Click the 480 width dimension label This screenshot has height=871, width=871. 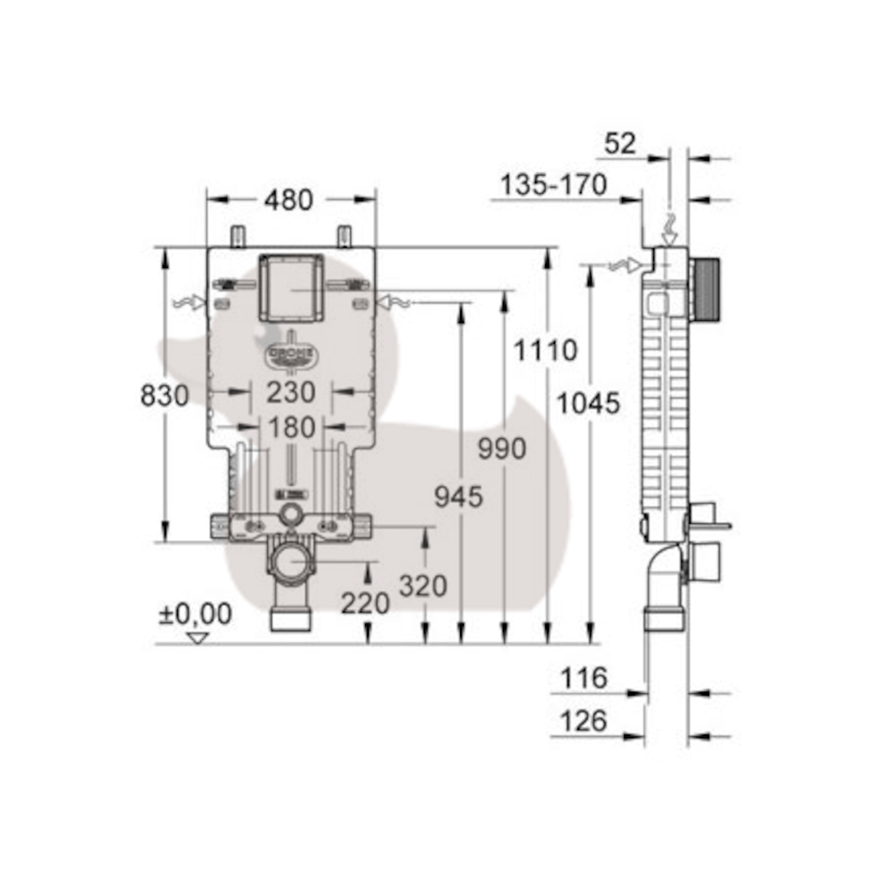[x=288, y=200]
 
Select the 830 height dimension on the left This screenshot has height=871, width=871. [x=165, y=396]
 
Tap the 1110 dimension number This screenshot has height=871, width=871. [x=546, y=351]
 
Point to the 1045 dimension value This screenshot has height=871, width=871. [x=589, y=403]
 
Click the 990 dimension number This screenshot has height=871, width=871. [x=502, y=449]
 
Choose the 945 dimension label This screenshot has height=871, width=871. [x=459, y=497]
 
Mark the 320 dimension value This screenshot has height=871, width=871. [x=423, y=586]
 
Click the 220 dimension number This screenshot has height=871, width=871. [x=366, y=602]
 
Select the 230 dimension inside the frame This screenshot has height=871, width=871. [x=291, y=392]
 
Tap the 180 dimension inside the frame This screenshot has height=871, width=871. [x=291, y=428]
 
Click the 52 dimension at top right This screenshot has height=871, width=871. [x=620, y=143]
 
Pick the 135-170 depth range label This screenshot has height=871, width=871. [x=553, y=185]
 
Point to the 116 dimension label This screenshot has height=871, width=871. [x=584, y=679]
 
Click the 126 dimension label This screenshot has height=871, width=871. [x=584, y=721]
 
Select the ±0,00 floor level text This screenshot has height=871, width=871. [x=196, y=614]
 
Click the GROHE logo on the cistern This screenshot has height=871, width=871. [x=292, y=354]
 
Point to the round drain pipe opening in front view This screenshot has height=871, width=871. [x=292, y=565]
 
